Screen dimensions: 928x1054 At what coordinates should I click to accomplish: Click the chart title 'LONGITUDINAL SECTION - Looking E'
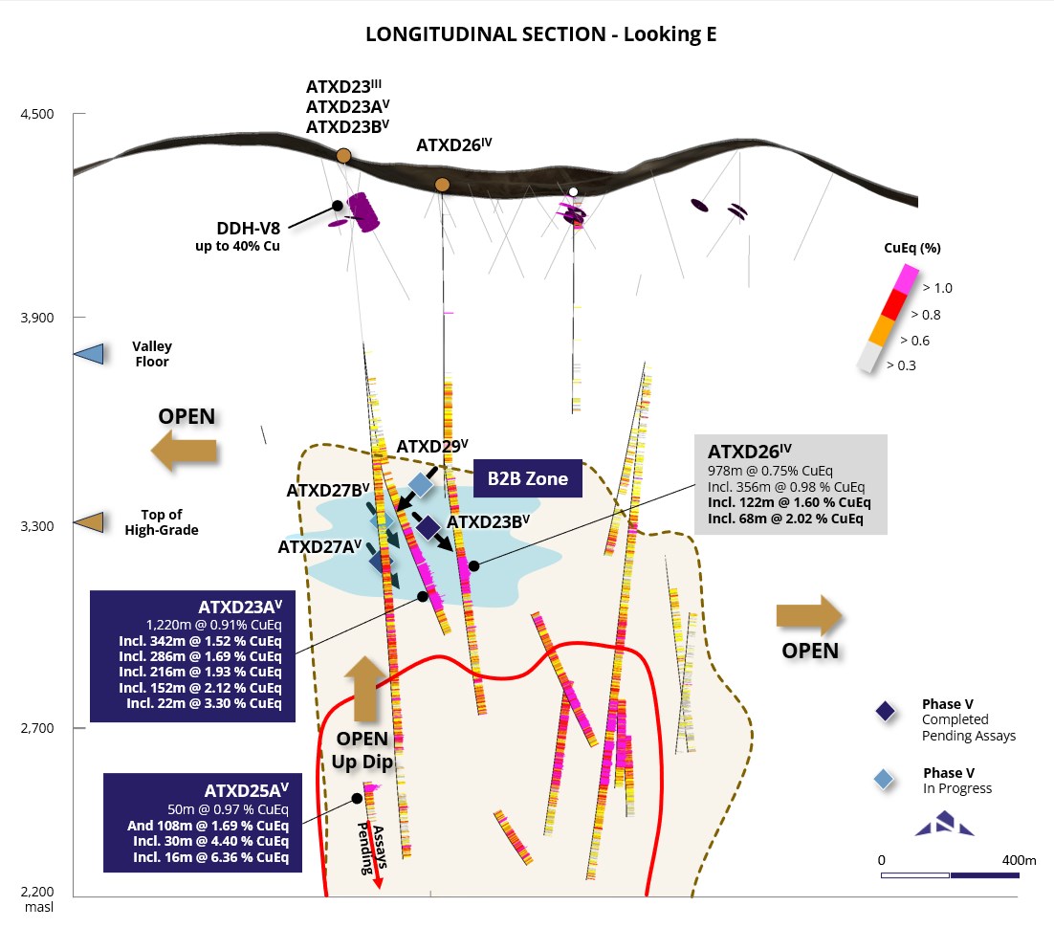tap(541, 34)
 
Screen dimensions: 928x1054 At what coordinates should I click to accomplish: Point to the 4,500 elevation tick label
tap(38, 115)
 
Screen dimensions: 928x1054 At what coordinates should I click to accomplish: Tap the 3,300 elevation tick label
tap(38, 526)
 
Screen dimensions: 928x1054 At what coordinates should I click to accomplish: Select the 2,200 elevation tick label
tap(38, 890)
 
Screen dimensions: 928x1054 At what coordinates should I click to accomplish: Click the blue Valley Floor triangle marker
tap(88, 354)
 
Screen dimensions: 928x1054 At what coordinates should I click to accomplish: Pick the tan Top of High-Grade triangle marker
tap(88, 521)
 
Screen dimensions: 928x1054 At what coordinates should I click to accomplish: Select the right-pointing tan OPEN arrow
tap(809, 617)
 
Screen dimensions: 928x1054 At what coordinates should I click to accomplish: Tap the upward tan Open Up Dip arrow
tap(368, 689)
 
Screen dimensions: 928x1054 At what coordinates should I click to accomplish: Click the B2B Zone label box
tap(528, 478)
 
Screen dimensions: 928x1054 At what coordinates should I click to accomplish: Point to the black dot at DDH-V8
tap(337, 206)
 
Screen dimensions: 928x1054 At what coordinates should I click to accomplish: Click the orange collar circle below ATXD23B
tap(343, 155)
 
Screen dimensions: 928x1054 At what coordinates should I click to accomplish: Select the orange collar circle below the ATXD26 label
tap(442, 184)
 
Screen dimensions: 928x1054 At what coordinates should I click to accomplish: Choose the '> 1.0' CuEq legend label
tap(936, 287)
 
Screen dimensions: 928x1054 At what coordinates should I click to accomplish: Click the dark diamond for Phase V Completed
tap(885, 710)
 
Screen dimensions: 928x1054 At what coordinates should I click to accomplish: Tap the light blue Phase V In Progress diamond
tap(885, 779)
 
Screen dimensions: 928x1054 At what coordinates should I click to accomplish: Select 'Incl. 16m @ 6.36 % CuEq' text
tap(210, 857)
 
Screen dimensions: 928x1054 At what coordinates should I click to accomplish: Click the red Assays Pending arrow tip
tap(378, 886)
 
